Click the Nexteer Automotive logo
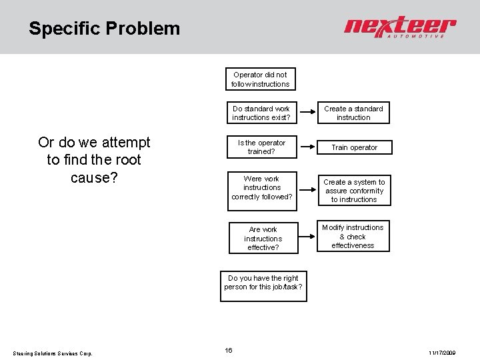click(399, 27)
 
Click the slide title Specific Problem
click(104, 29)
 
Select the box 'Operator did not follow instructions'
click(260, 79)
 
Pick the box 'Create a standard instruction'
click(353, 113)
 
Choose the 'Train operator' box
click(353, 147)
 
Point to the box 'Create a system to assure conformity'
click(353, 191)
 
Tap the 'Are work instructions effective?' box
click(263, 238)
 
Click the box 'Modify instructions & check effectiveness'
click(353, 236)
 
